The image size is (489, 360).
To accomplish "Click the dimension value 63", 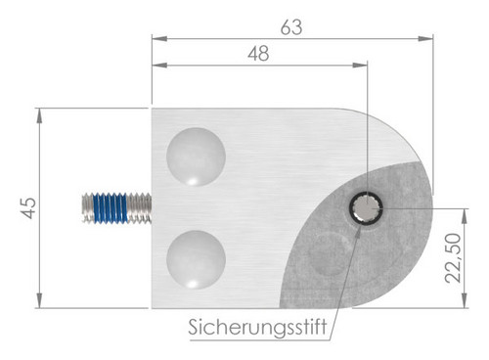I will pyautogui.click(x=291, y=28).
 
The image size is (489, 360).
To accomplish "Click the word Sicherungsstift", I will pyautogui.click(x=247, y=325).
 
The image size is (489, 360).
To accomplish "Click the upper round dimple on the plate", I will pyautogui.click(x=196, y=156).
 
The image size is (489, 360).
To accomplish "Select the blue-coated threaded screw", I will pyautogui.click(x=115, y=208).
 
